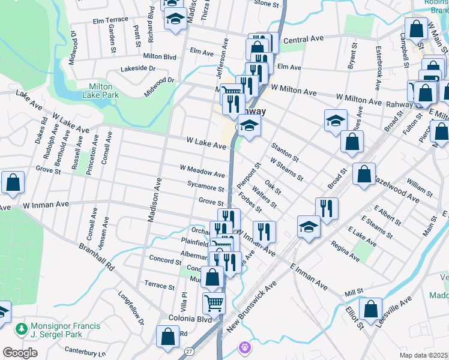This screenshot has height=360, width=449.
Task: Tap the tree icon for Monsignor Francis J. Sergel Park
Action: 22,329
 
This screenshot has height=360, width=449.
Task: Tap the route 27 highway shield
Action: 189,350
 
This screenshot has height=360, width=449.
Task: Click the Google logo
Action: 20,353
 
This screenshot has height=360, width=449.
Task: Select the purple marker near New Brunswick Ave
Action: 244,347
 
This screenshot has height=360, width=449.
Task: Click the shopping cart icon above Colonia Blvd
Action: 214,304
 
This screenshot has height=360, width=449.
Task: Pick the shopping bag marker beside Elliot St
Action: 370,309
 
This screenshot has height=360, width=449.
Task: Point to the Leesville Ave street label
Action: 394,308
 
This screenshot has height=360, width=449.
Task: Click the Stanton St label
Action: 285,152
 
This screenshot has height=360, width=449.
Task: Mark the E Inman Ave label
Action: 309,276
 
